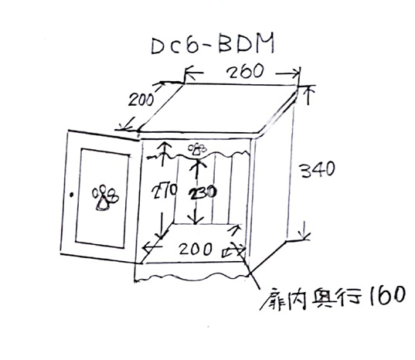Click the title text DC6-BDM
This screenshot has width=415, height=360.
point(213,44)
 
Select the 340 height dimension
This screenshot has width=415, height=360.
point(318,170)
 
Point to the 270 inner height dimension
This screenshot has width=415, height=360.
point(164,191)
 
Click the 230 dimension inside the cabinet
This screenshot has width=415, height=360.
point(202,192)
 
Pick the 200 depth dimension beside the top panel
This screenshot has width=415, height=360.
point(141,100)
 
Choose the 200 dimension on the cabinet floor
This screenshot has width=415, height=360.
point(196,249)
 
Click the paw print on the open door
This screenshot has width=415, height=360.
point(105,198)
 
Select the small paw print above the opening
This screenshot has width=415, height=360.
point(197,149)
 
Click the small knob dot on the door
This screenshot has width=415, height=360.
point(71,195)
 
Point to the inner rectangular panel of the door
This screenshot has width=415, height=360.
point(102,198)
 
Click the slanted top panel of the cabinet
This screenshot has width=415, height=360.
point(217,108)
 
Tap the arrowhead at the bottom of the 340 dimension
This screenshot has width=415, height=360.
point(304,234)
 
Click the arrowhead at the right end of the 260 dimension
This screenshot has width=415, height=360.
point(296,73)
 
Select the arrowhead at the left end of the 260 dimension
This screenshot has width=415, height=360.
point(189,73)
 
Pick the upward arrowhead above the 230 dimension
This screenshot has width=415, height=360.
point(197,164)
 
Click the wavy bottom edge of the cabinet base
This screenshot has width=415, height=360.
point(192,277)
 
